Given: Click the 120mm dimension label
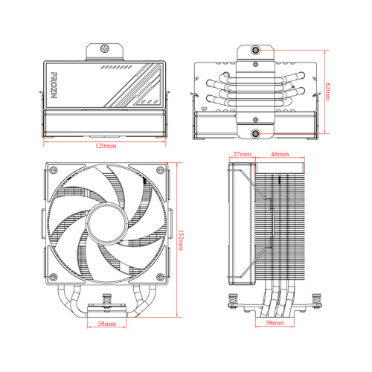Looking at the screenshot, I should [x=106, y=147].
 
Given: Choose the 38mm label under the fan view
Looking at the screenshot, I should [x=106, y=325].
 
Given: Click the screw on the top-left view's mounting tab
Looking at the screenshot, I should [x=106, y=52].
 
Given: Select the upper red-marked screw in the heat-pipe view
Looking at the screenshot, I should [x=255, y=52].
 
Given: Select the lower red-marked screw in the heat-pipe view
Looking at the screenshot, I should [x=255, y=135].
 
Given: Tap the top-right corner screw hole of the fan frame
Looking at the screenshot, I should [x=158, y=173].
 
